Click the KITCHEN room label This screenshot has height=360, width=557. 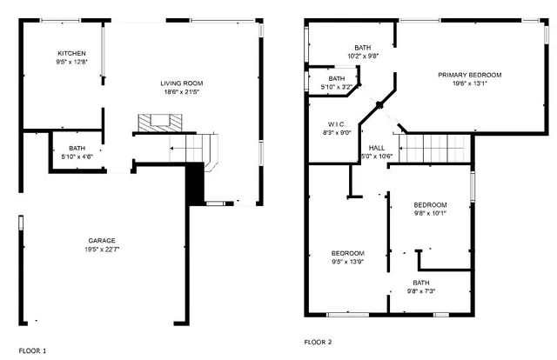pyautogui.click(x=72, y=53)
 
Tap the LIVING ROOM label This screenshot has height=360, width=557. pyautogui.click(x=183, y=83)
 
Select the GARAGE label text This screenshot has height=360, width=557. pyautogui.click(x=102, y=241)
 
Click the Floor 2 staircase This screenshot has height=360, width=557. pyautogui.click(x=434, y=149)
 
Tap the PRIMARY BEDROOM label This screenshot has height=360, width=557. pyautogui.click(x=469, y=75)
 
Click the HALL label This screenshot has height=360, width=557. pyautogui.click(x=377, y=148)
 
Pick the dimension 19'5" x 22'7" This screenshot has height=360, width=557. pyautogui.click(x=102, y=250)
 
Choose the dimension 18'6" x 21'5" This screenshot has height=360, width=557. pyautogui.click(x=183, y=92)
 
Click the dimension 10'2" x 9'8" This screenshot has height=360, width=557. pyautogui.click(x=362, y=56)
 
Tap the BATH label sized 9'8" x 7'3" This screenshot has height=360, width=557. pyautogui.click(x=421, y=283)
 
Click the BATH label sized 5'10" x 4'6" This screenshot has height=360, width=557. pyautogui.click(x=77, y=148)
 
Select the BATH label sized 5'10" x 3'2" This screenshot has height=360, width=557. pyautogui.click(x=337, y=78)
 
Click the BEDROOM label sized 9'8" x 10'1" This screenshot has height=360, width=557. pyautogui.click(x=430, y=204)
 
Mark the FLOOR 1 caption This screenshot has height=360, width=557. pyautogui.click(x=33, y=350)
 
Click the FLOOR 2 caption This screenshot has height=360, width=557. pyautogui.click(x=318, y=343)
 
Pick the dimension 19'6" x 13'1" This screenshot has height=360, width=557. pyautogui.click(x=469, y=84)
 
